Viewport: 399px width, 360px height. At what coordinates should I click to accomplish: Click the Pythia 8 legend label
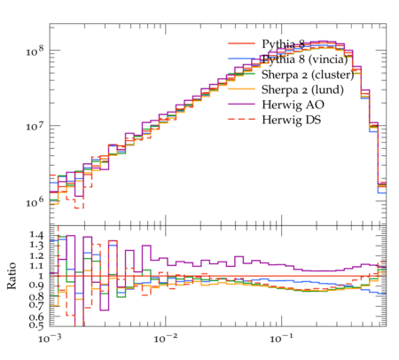click(283, 44)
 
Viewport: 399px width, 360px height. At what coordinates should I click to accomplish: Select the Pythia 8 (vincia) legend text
click(305, 59)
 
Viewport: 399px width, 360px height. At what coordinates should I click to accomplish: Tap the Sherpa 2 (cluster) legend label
click(308, 74)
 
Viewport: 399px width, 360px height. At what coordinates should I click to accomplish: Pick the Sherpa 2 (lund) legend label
click(302, 90)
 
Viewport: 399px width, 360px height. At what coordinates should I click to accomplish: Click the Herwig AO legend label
click(293, 105)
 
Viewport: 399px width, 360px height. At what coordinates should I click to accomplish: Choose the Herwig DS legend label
click(292, 120)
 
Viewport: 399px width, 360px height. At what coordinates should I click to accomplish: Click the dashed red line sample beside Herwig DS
click(241, 119)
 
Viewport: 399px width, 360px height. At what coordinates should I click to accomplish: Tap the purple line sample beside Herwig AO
click(241, 104)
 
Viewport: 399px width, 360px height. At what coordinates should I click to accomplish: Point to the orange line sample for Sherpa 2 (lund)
click(241, 89)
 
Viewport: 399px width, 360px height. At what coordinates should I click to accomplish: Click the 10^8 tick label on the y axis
click(35, 51)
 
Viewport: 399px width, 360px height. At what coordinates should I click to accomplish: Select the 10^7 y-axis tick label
click(35, 126)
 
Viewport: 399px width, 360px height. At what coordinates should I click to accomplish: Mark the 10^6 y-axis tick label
click(35, 202)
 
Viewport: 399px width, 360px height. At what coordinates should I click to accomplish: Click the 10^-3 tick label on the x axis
click(50, 338)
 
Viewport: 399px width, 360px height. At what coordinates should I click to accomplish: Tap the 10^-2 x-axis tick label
click(165, 338)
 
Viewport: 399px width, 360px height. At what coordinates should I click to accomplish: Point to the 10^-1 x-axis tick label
click(281, 338)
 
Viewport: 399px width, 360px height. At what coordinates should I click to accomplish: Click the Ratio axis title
click(12, 276)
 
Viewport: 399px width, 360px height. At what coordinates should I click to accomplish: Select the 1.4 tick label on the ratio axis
click(36, 235)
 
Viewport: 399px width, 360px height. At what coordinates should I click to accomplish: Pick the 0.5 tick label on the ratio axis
click(36, 325)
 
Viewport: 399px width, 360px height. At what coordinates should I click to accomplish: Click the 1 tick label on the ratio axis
click(41, 276)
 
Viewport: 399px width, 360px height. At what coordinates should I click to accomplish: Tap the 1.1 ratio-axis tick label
click(36, 265)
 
